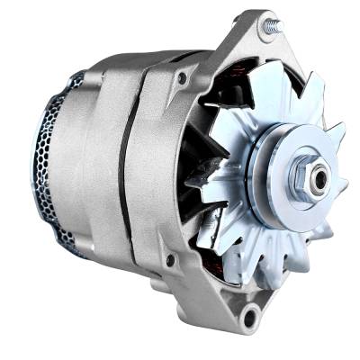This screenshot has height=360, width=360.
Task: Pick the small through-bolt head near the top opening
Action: pos(182,79)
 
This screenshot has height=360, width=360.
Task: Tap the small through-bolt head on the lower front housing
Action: pos(168,261)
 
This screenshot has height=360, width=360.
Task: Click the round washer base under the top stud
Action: pos(265,36)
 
